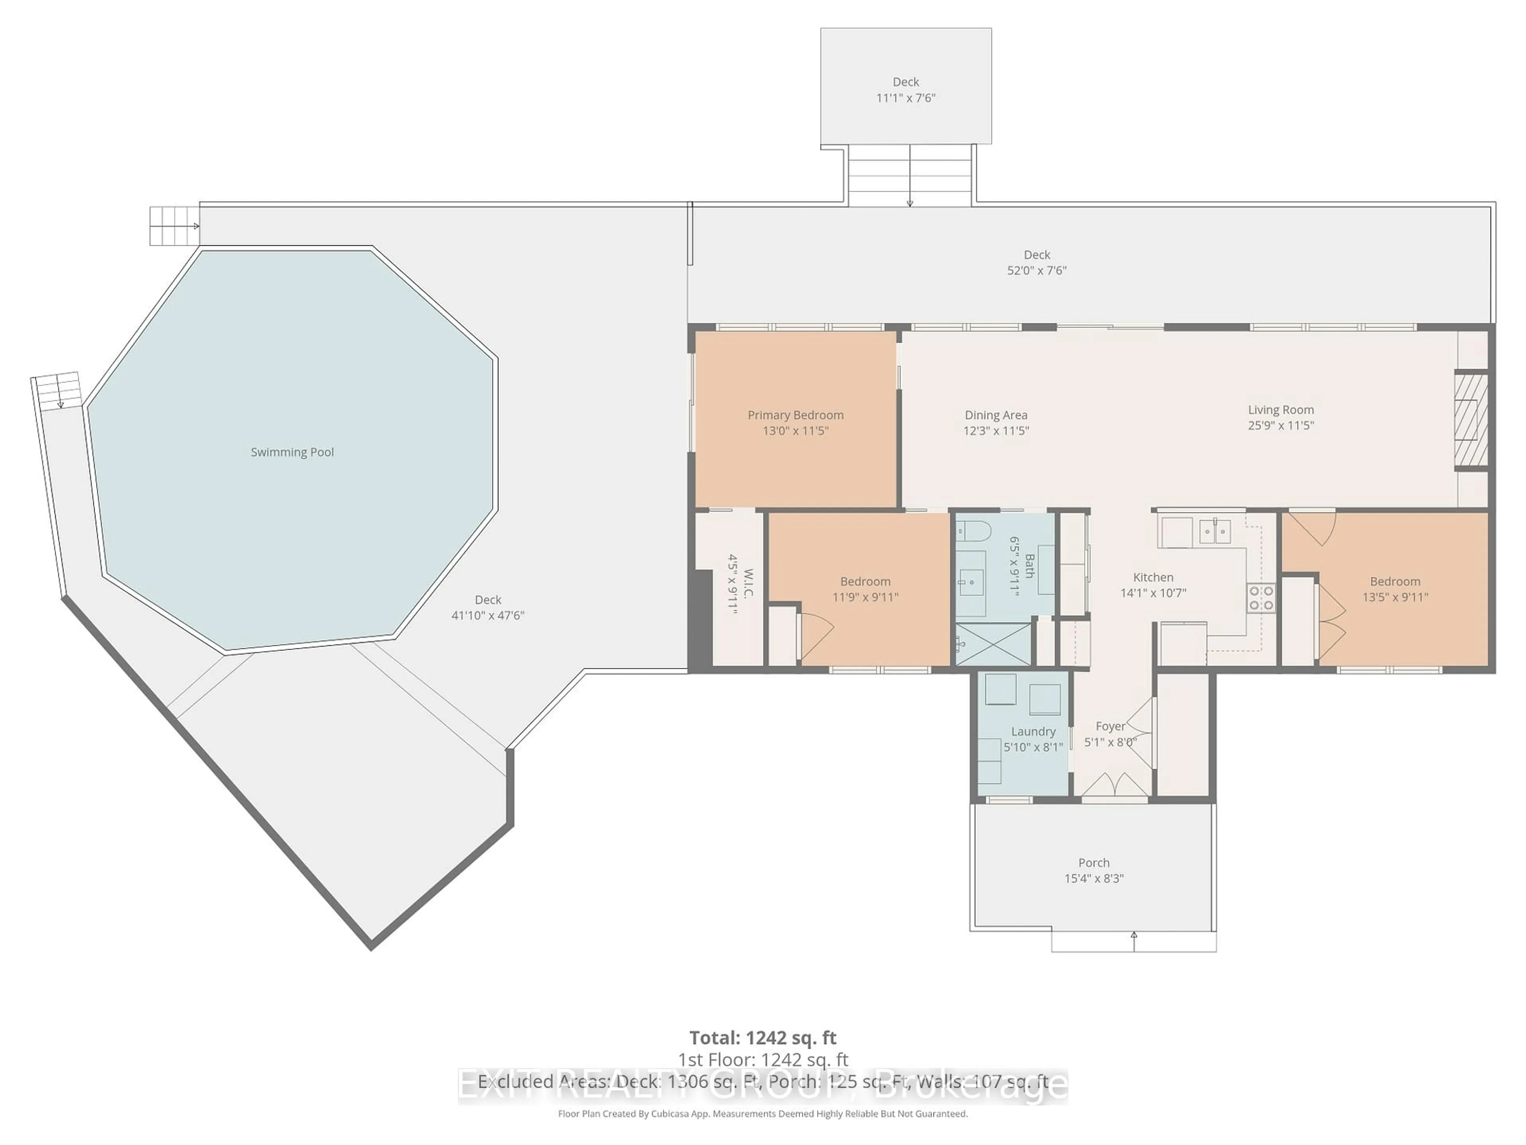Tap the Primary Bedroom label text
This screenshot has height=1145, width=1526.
pyautogui.click(x=796, y=415)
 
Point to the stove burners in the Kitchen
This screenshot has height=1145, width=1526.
pyautogui.click(x=1261, y=598)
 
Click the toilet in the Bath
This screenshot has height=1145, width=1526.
pyautogui.click(x=973, y=532)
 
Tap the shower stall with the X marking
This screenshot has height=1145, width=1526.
pyautogui.click(x=992, y=644)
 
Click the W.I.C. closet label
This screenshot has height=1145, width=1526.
pyautogui.click(x=749, y=583)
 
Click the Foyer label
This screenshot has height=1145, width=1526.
pyautogui.click(x=1110, y=726)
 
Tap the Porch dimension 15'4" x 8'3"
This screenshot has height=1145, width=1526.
pyautogui.click(x=1094, y=879)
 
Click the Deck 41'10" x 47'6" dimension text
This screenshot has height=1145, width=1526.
pyautogui.click(x=488, y=615)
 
